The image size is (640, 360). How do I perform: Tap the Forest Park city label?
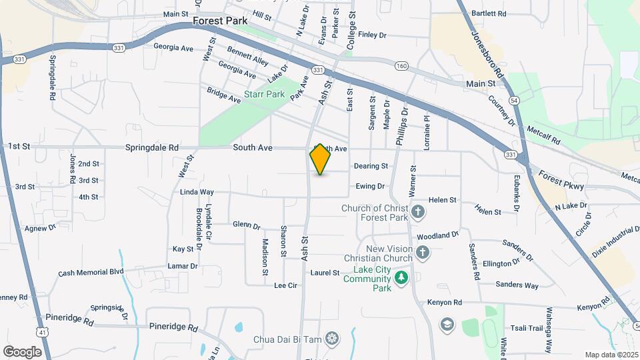click(x=220, y=21)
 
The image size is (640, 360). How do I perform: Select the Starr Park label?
click(x=265, y=94)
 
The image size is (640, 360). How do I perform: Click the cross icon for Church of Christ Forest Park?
click(x=418, y=213)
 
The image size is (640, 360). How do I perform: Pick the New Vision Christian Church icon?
click(x=423, y=253)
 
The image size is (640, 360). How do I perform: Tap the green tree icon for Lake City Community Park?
click(x=401, y=276)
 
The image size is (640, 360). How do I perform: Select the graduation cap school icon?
click(x=447, y=324)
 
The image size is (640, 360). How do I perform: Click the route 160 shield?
click(x=401, y=65)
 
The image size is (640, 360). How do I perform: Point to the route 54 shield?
click(x=513, y=99)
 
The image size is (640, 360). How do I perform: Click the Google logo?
click(x=22, y=351)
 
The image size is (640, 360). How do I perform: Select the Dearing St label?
click(x=371, y=166)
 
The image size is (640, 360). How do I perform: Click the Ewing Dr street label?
click(x=370, y=187)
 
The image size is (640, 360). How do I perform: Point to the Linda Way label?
click(x=197, y=192)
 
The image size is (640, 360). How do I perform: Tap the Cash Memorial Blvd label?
click(x=91, y=272)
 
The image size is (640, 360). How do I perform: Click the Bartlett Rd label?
click(x=489, y=13)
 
